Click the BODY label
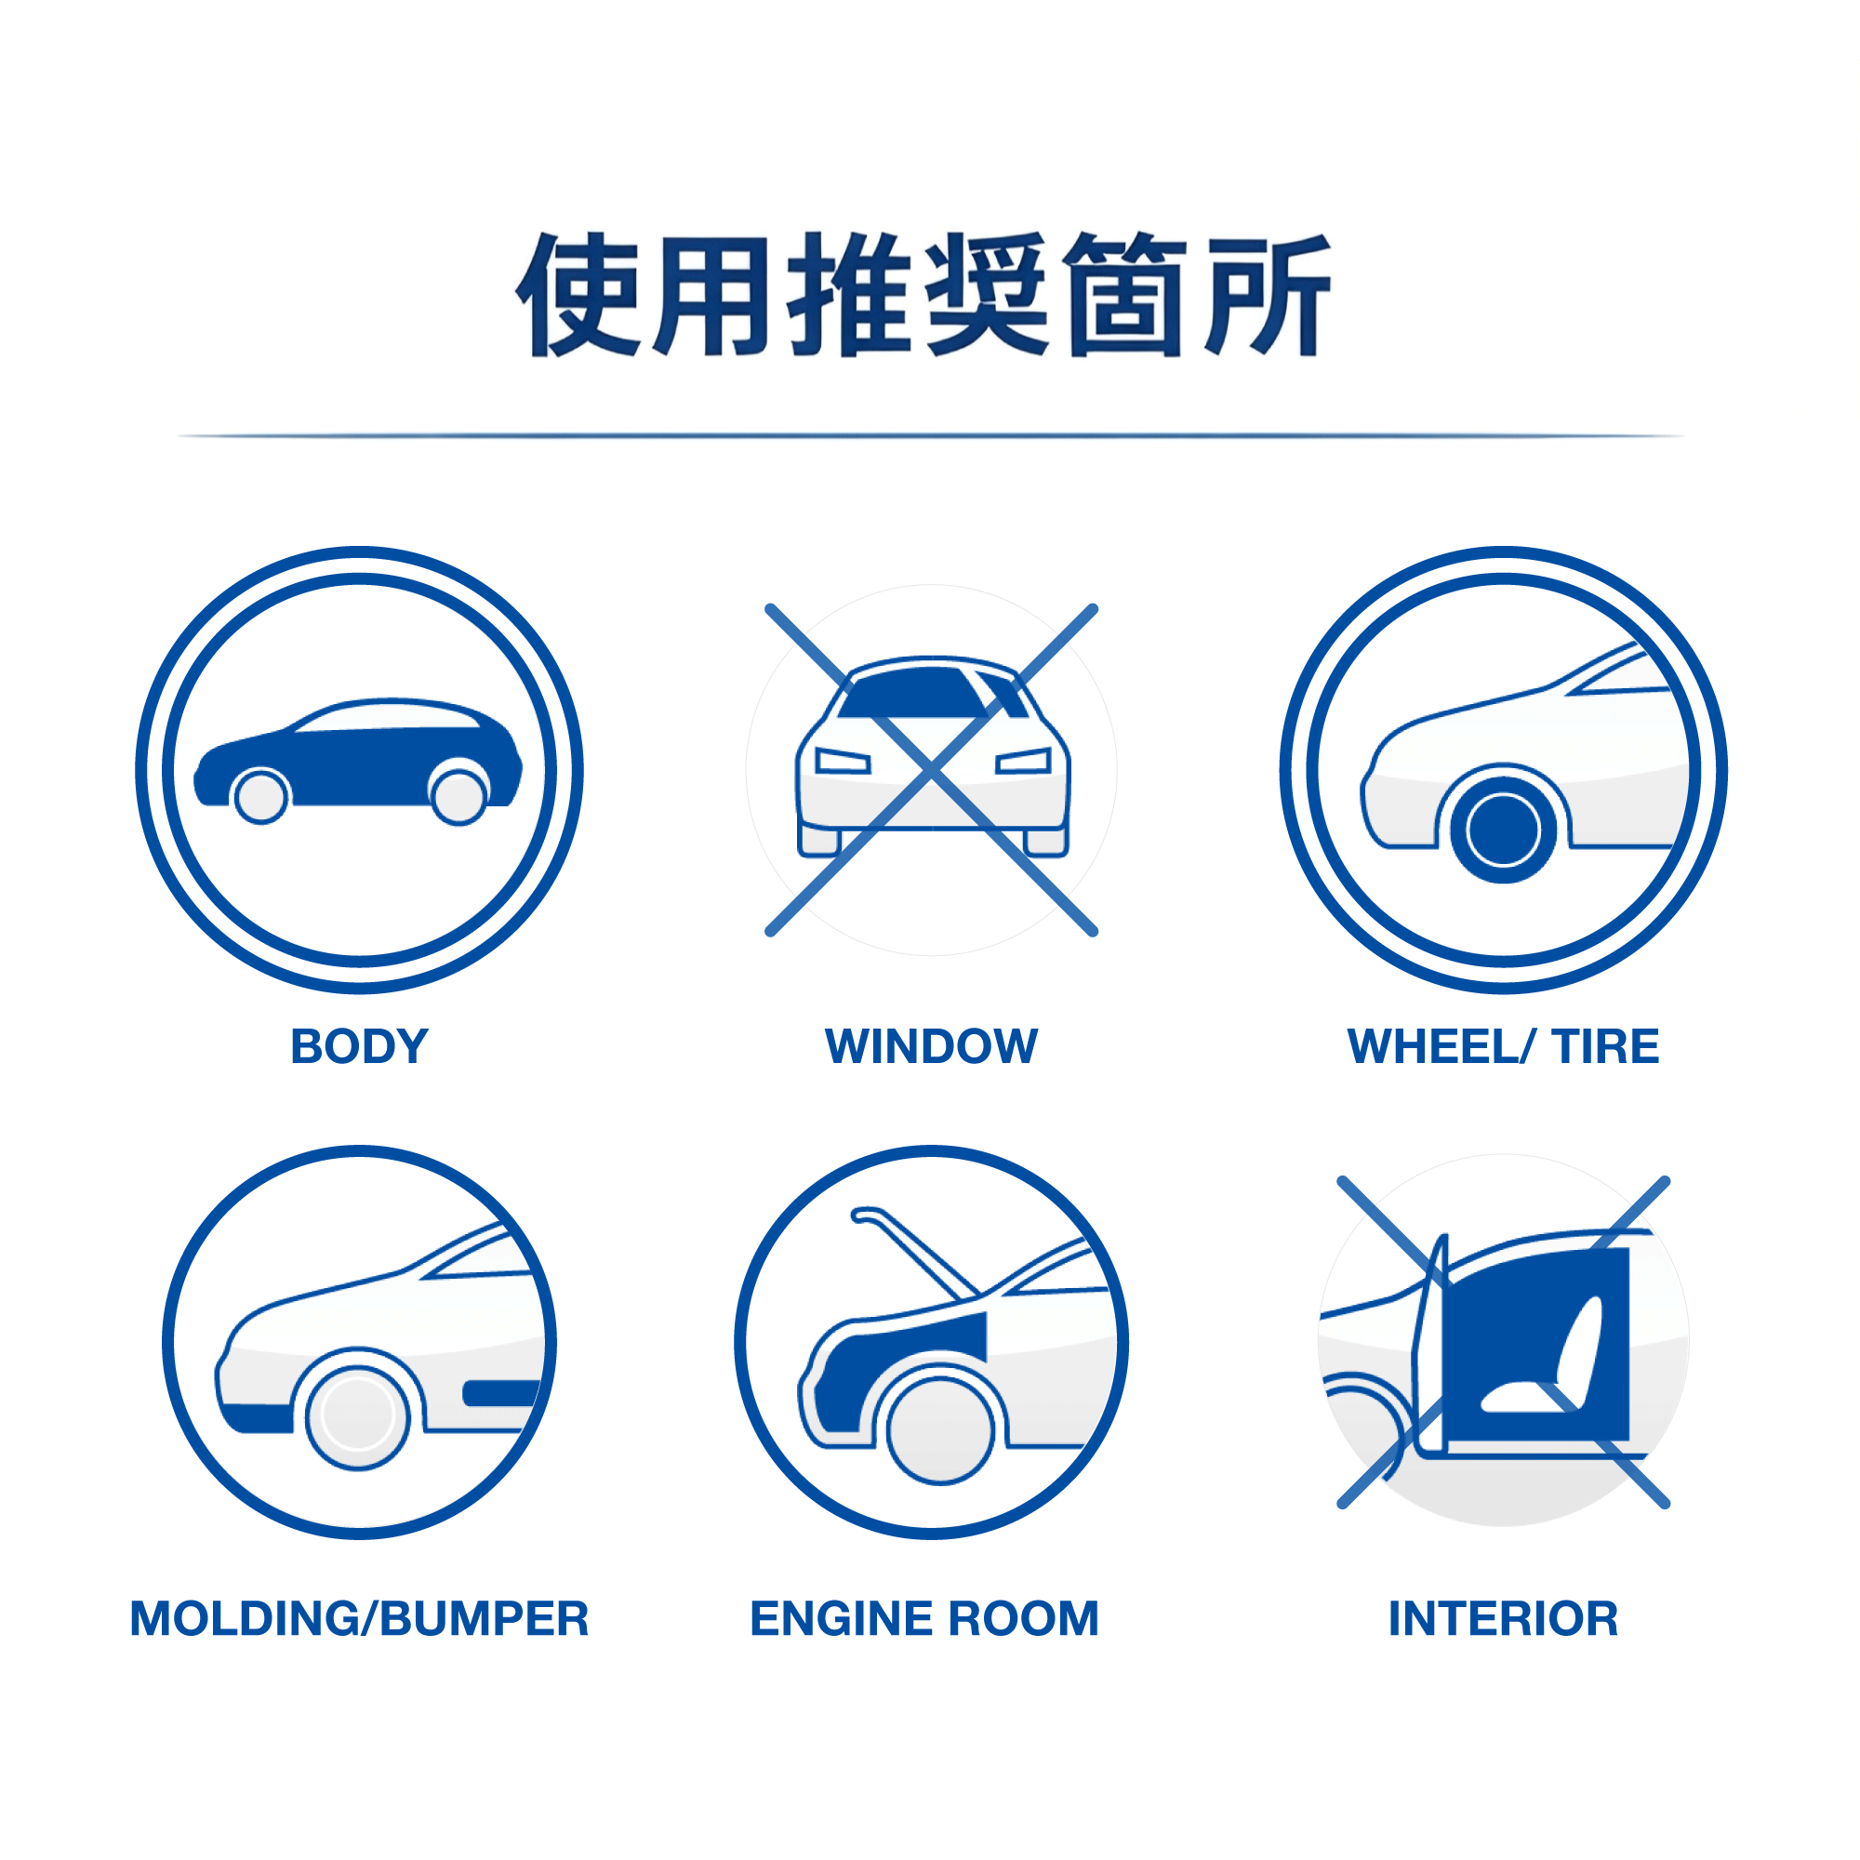[x=359, y=1046]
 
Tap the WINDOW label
[x=931, y=1046]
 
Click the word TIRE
[x=1605, y=1046]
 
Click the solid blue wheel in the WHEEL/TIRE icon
[x=1503, y=830]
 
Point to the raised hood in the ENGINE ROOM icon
[x=914, y=1252]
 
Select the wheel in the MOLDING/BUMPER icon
[x=358, y=1415]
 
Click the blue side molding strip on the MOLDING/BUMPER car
[x=500, y=1393]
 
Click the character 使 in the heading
[x=578, y=294]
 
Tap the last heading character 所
[x=1269, y=294]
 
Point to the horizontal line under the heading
[x=930, y=436]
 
